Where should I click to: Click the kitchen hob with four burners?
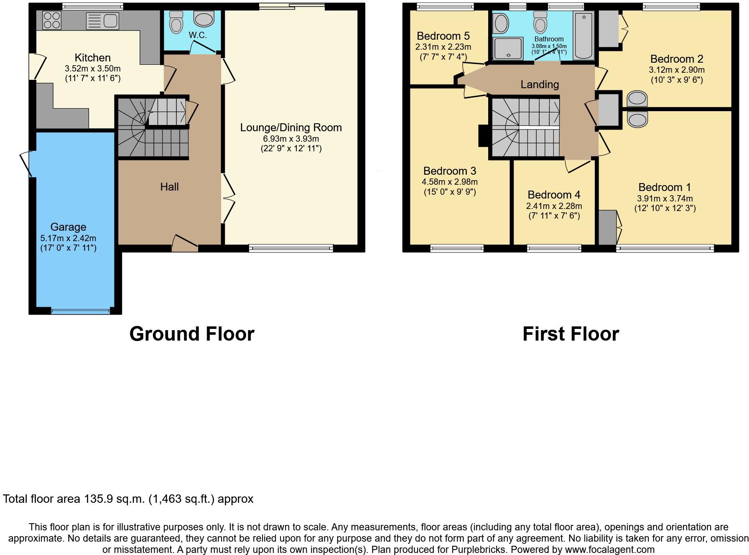(52, 20)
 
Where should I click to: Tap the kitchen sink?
(103, 21)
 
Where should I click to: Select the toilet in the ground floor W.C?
(177, 22)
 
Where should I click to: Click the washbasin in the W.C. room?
(204, 19)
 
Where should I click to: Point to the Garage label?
(68, 227)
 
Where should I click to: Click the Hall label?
(169, 187)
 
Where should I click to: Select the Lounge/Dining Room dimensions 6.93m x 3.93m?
(291, 139)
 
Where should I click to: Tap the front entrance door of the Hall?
(185, 244)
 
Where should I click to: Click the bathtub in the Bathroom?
(583, 36)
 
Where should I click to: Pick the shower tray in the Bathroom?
(508, 48)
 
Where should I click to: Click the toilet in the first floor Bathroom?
(540, 23)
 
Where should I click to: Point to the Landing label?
(540, 85)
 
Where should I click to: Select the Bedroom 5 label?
(443, 36)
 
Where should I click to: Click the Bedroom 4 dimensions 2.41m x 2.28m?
(554, 206)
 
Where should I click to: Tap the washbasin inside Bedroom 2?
(637, 99)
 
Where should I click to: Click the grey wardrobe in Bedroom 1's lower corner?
(607, 227)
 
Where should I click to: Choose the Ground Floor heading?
(192, 334)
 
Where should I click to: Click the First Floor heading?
(571, 334)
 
